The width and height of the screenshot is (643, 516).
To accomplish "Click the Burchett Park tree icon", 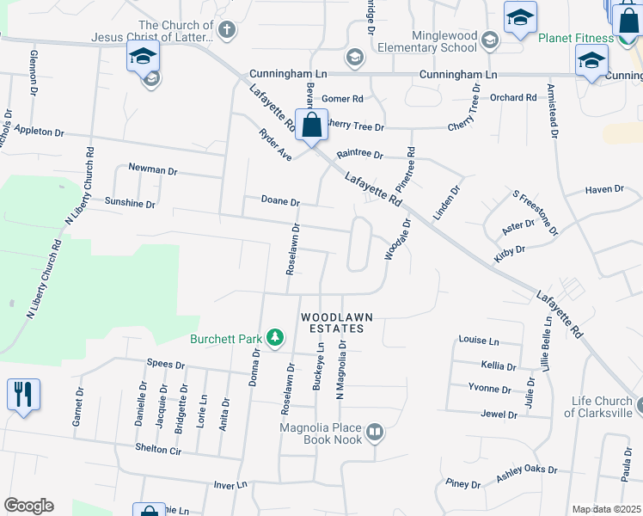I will coord(275,338).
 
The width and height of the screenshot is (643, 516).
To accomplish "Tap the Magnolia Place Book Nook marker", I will coord(374,433).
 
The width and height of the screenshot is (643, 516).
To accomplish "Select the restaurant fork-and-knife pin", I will coord(23,395).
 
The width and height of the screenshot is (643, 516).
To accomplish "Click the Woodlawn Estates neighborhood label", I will coord(337,323).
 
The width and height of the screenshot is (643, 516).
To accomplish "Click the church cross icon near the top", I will coord(227,32).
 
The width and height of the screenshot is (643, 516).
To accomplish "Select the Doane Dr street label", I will coord(280,201).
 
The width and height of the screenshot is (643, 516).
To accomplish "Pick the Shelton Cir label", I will coord(158,449).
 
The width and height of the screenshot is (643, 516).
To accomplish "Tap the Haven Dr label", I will coord(604,189).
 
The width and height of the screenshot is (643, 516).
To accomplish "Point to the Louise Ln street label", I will coord(479,341).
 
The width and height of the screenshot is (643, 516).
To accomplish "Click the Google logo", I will coord(28,506).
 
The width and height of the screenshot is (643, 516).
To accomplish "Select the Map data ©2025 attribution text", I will coord(606,509).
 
